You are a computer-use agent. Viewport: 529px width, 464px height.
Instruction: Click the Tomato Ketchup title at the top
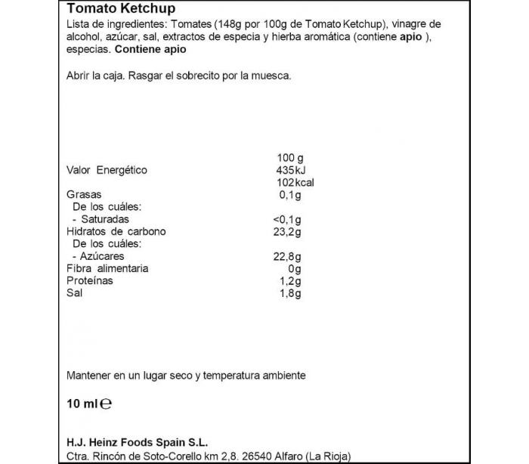(121, 9)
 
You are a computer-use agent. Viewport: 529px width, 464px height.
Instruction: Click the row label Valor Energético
(107, 170)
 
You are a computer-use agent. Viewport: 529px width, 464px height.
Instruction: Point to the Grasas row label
(84, 194)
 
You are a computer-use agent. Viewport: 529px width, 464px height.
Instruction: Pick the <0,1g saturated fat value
(286, 219)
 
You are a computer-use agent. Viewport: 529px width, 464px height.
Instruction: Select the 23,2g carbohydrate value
(288, 231)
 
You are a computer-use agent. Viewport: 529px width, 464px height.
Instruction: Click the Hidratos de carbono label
(116, 231)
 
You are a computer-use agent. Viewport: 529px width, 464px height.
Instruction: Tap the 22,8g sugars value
(288, 256)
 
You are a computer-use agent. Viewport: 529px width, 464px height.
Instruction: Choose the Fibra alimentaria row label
(107, 268)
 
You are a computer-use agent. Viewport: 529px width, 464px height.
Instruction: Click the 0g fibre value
(294, 268)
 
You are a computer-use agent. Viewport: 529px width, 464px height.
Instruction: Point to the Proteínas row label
(90, 280)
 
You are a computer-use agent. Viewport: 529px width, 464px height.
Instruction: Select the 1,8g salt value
(290, 293)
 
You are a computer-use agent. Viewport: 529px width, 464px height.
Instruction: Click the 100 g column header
(292, 157)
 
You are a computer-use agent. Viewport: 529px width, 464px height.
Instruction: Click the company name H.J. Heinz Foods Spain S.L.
(138, 443)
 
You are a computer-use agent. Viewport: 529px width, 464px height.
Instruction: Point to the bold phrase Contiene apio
(150, 49)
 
